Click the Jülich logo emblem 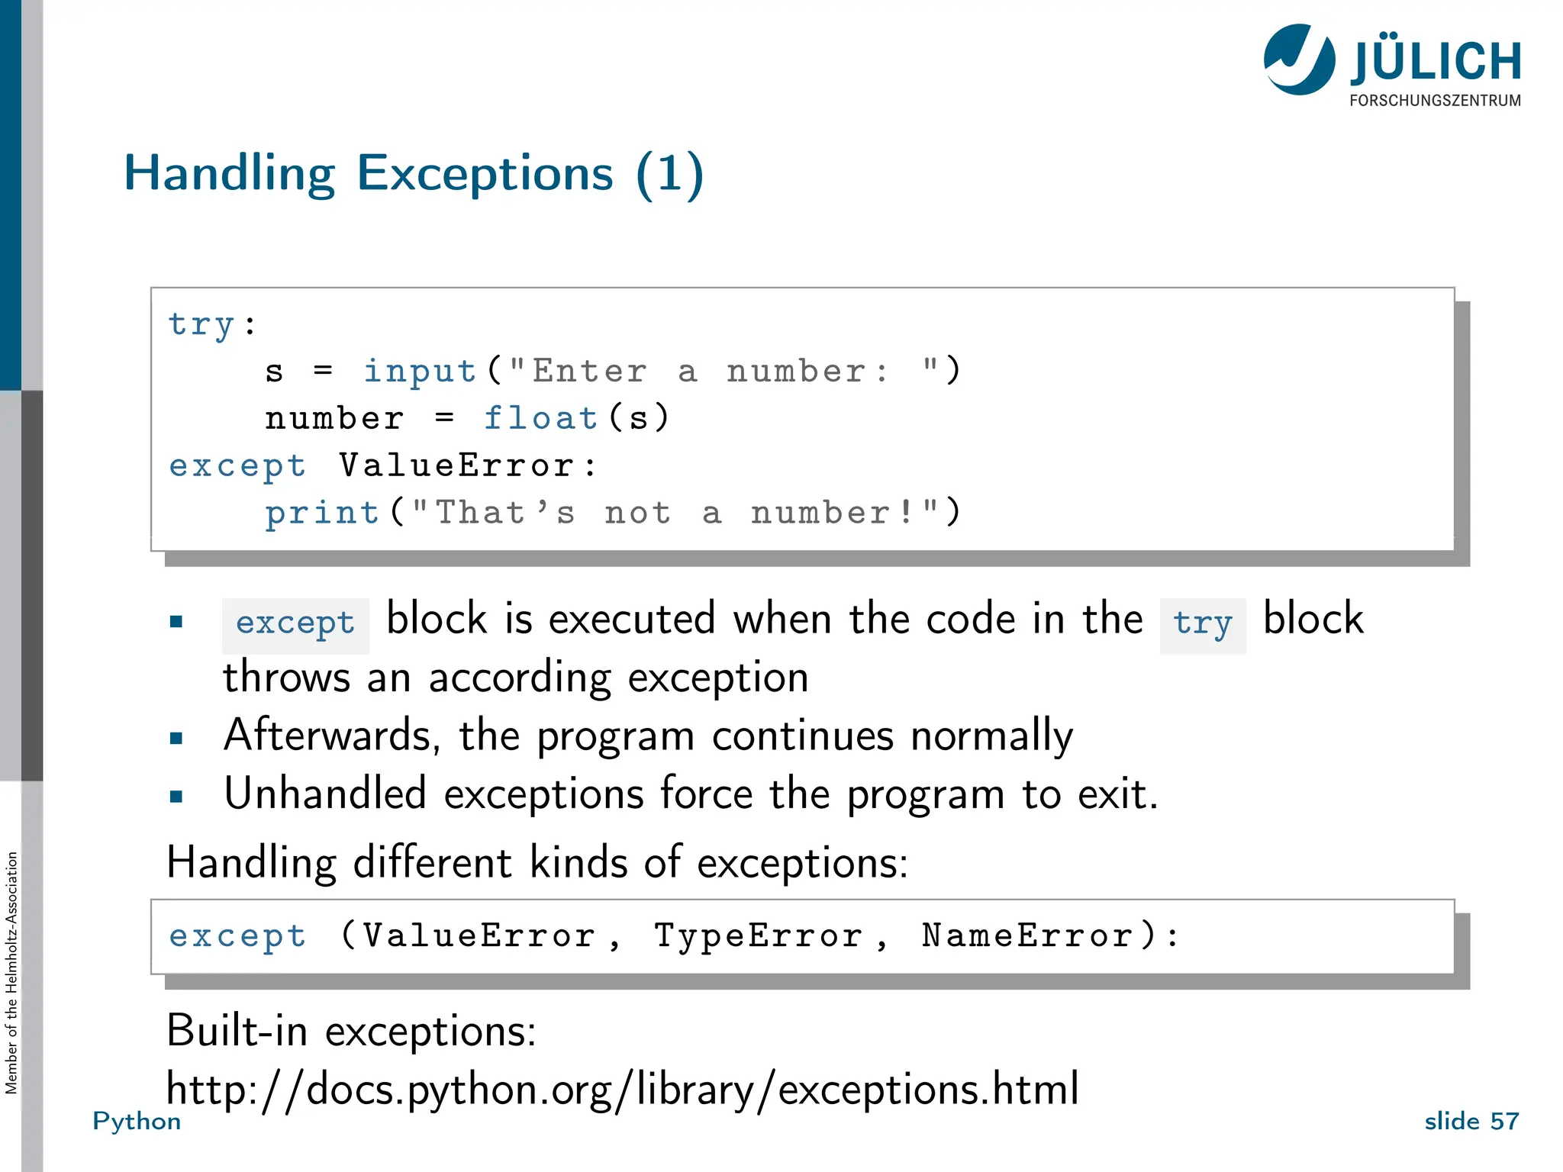click(1300, 60)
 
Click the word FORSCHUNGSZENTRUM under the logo click(1435, 101)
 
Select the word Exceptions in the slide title click(485, 173)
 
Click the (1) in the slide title click(669, 173)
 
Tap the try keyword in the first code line click(201, 324)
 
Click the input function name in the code click(420, 372)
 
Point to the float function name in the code click(540, 418)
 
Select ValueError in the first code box click(456, 465)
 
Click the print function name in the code click(322, 513)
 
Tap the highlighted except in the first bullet click(295, 623)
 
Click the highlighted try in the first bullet click(1202, 623)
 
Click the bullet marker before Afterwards click(176, 738)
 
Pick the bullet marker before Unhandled click(176, 797)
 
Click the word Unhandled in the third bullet click(325, 794)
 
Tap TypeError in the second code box click(759, 936)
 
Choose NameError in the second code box click(1027, 936)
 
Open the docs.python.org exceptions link click(622, 1089)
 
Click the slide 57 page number click(1471, 1121)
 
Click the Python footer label click(137, 1121)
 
